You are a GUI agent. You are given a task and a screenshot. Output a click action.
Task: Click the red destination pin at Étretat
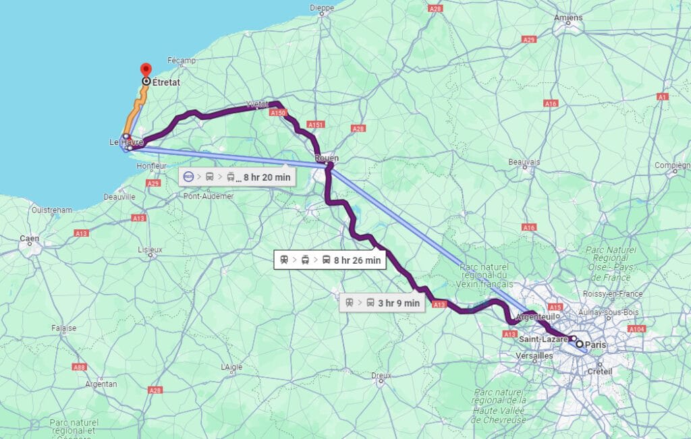(145, 70)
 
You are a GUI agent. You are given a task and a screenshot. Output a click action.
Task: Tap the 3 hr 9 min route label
(383, 303)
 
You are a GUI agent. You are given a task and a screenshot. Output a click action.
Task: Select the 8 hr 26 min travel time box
(330, 260)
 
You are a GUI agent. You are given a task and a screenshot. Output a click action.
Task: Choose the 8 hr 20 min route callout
(236, 177)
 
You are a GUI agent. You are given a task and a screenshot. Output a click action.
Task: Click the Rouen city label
(327, 158)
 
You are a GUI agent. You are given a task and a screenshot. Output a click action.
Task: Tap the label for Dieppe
(321, 8)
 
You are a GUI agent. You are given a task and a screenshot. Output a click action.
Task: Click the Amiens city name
(568, 17)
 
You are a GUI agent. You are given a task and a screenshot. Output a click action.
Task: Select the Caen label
(29, 238)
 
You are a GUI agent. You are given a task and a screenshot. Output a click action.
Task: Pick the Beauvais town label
(524, 162)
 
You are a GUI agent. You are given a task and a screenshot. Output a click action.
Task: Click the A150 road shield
(278, 113)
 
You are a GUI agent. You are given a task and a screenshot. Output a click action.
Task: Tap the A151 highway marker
(315, 125)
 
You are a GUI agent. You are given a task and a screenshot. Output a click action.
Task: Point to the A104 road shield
(636, 328)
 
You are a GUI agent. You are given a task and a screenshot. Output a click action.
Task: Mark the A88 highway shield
(80, 367)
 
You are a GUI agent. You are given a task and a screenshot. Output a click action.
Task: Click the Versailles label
(534, 355)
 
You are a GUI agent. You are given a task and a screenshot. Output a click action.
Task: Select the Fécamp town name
(182, 61)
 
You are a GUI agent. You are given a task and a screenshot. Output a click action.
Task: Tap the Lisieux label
(150, 249)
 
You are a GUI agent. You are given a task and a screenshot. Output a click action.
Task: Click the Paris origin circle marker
(579, 344)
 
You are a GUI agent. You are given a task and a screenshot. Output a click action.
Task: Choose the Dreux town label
(381, 375)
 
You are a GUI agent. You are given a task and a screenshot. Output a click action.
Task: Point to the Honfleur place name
(151, 166)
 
